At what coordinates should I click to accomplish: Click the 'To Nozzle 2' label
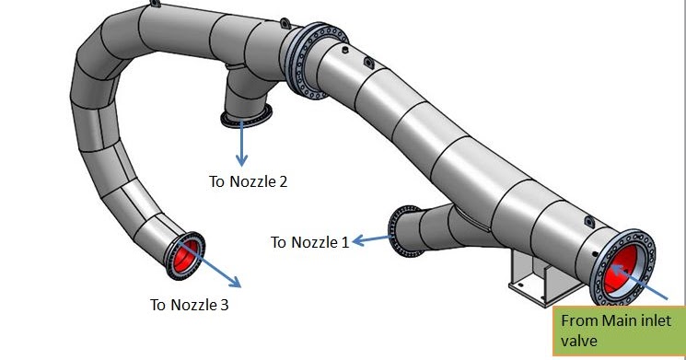(248, 180)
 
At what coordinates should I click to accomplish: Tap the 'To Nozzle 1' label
(309, 242)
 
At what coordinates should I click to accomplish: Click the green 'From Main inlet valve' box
(618, 331)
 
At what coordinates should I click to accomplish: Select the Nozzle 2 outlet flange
(245, 116)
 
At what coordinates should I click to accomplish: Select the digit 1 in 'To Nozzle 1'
(344, 242)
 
